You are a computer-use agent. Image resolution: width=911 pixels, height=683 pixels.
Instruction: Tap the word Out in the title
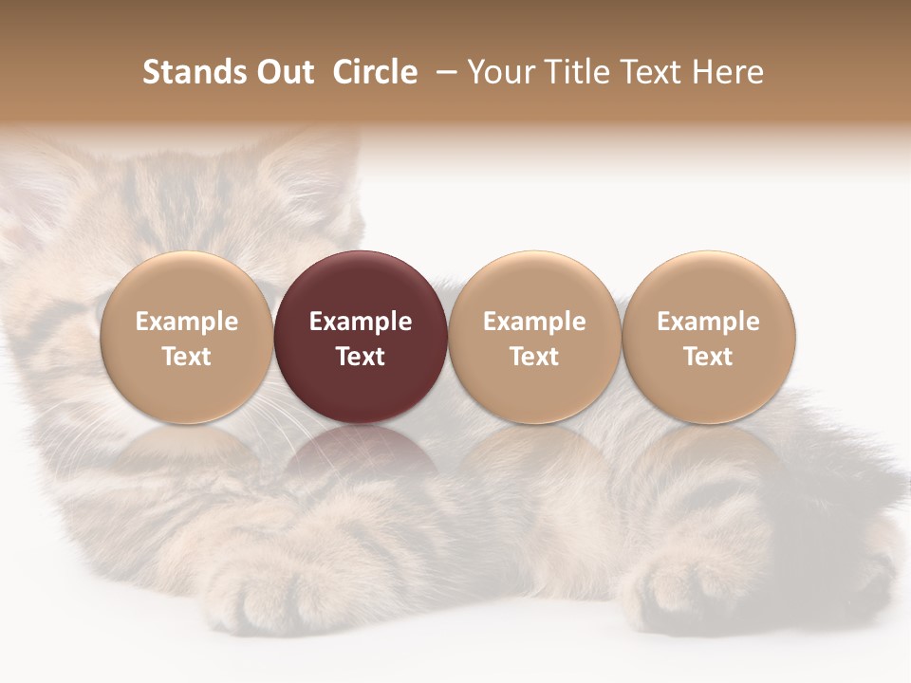pyautogui.click(x=283, y=72)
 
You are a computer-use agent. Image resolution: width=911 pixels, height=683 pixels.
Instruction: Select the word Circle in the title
pyautogui.click(x=375, y=72)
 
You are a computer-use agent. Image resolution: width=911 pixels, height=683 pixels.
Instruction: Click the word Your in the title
pyautogui.click(x=498, y=72)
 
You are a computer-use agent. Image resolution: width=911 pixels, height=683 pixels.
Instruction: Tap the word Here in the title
pyautogui.click(x=731, y=72)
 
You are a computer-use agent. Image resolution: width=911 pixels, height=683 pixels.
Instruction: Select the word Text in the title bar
pyautogui.click(x=648, y=72)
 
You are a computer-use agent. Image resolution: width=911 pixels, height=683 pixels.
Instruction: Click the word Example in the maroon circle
pyautogui.click(x=361, y=322)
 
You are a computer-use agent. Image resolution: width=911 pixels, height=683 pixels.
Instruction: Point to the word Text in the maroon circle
pyautogui.click(x=361, y=357)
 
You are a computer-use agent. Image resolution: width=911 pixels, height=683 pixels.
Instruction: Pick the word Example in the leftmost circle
pyautogui.click(x=187, y=322)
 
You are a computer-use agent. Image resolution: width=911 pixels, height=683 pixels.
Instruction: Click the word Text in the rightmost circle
pyautogui.click(x=709, y=357)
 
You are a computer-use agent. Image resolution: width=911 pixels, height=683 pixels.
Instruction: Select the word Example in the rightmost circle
pyautogui.click(x=709, y=322)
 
